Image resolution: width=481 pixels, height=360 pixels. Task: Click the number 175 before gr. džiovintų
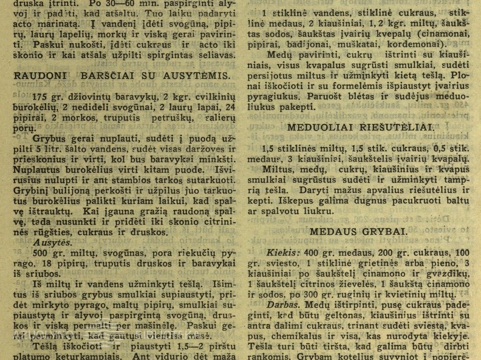[x=41, y=97]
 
